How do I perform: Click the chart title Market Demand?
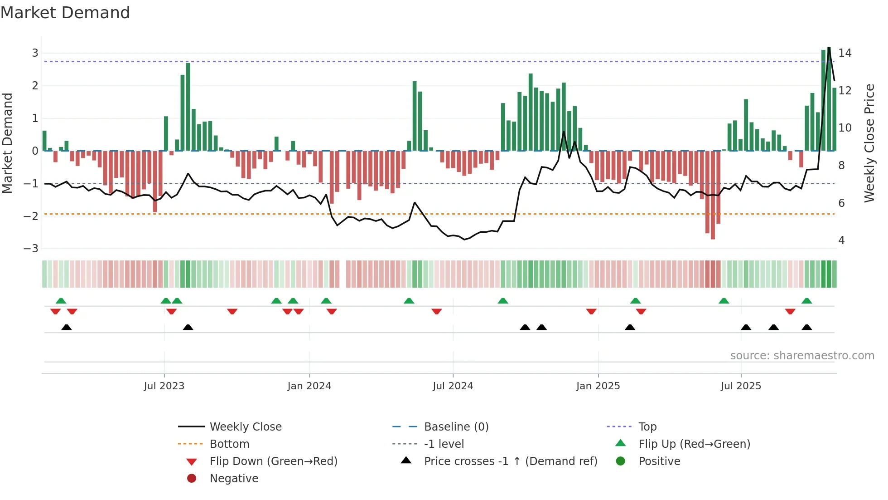point(65,13)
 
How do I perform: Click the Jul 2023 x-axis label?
point(164,386)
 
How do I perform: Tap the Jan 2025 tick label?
point(598,386)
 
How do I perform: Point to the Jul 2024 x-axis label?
point(453,386)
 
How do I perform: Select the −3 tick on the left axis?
point(31,249)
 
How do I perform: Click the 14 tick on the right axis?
point(845,53)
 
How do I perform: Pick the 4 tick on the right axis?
point(841,240)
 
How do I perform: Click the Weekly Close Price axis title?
point(869,143)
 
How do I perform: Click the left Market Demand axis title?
point(8,143)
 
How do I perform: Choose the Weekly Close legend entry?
point(245,427)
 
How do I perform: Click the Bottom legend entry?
point(229,444)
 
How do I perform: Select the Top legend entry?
point(647,427)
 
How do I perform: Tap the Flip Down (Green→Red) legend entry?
point(273,461)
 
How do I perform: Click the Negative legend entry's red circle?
point(192,479)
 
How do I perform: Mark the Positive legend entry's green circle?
point(621,461)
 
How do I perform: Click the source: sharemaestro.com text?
point(802,356)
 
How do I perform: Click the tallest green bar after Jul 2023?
point(188,107)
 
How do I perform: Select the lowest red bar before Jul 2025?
point(713,195)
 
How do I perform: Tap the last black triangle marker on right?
point(806,328)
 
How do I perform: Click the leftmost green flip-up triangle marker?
point(61,301)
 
